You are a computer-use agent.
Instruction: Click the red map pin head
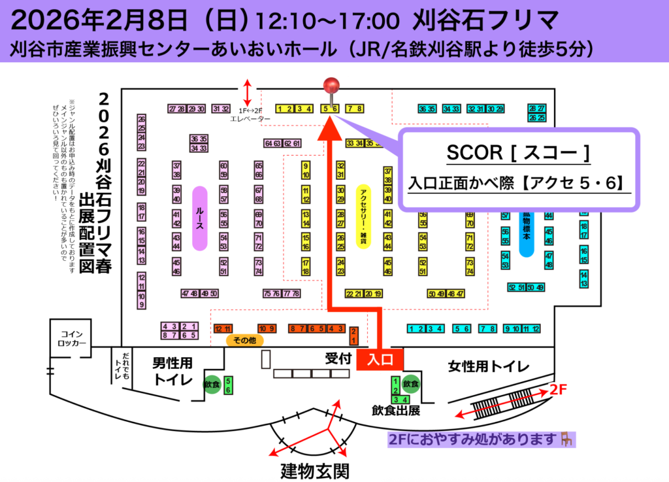[x=333, y=85]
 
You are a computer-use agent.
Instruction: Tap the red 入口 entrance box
[x=379, y=360]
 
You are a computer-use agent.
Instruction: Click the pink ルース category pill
[x=200, y=218]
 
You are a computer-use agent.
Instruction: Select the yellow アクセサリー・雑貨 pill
[x=362, y=216]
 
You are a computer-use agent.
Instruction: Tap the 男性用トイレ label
[x=172, y=370]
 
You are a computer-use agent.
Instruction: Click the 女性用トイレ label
[x=488, y=367]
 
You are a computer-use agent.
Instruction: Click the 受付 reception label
[x=338, y=358]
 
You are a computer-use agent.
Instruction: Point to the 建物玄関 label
[x=314, y=470]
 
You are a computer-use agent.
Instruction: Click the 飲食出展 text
[x=396, y=411]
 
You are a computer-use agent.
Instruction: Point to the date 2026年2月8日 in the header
[x=99, y=21]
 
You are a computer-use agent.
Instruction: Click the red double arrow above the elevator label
[x=247, y=92]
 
